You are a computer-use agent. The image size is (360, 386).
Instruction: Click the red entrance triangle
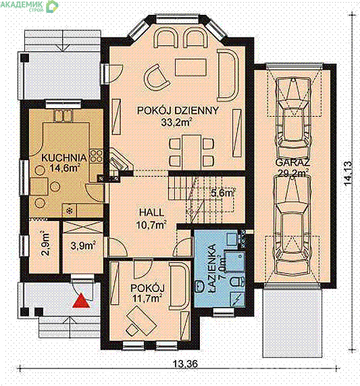[x=81, y=301]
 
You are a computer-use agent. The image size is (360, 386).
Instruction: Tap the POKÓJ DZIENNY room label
[x=178, y=111]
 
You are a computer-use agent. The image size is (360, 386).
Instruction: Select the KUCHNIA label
[x=64, y=158]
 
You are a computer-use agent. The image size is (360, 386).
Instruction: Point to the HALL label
[x=151, y=212]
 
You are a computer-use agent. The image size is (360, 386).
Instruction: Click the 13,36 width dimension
[x=185, y=363]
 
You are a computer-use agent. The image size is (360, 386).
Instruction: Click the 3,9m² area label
[x=83, y=245]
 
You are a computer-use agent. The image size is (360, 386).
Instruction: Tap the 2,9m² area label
[x=45, y=243]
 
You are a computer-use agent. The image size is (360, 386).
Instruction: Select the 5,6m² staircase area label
[x=223, y=193]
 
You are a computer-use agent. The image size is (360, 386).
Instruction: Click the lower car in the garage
[x=292, y=225]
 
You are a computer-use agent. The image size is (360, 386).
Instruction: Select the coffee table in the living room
[x=190, y=67]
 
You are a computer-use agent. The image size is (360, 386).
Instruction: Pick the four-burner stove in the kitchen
[x=97, y=156]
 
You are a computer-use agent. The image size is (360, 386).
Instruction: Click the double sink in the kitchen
[x=63, y=116]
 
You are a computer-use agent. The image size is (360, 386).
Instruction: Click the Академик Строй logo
[x=30, y=5]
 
